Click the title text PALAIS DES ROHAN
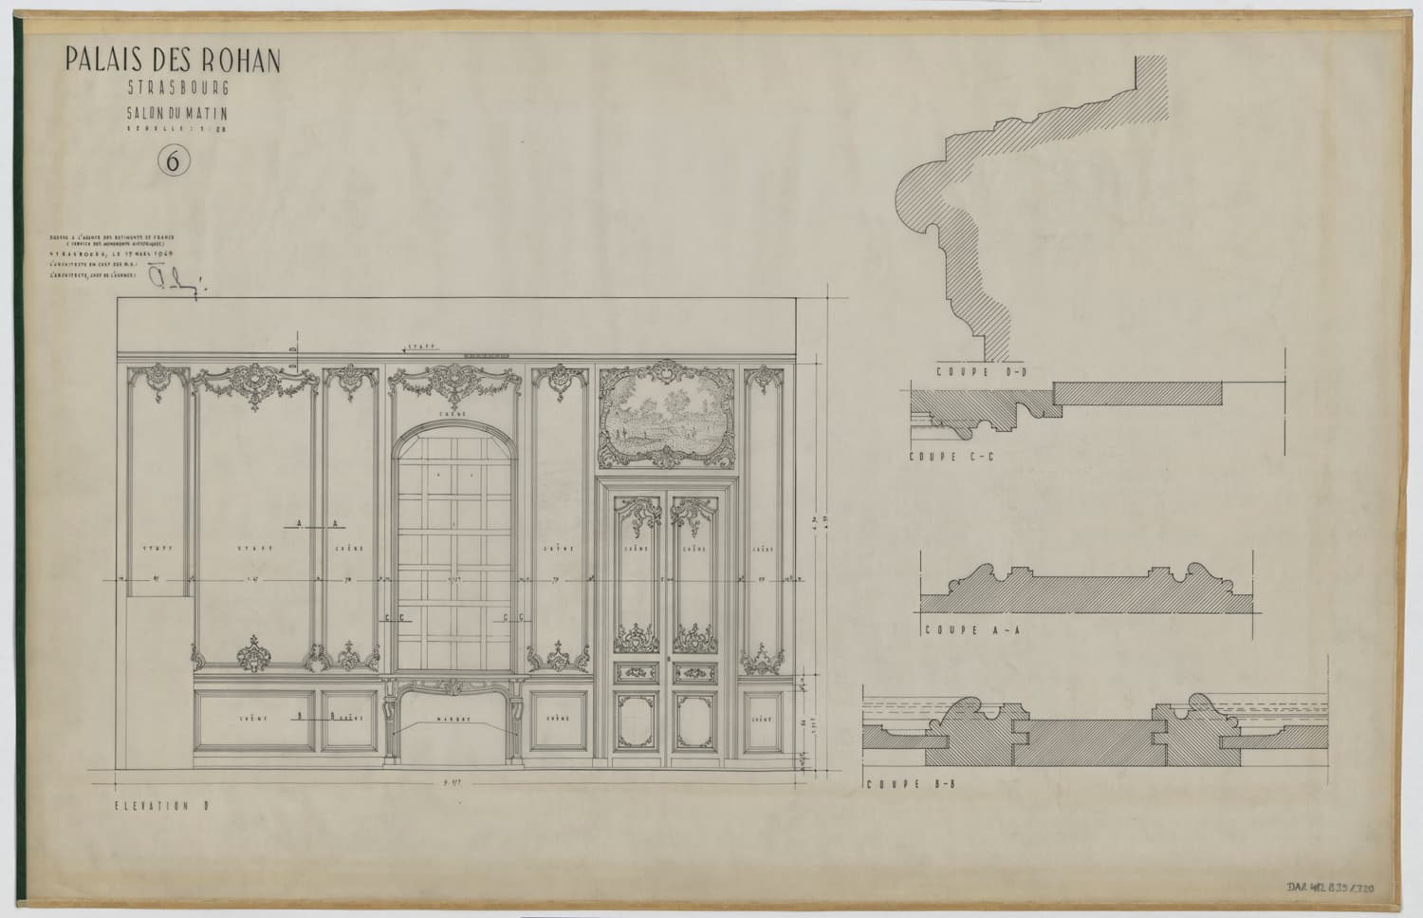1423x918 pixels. tap(173, 61)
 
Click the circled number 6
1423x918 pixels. tap(174, 161)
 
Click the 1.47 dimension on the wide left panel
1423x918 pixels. tap(253, 579)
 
